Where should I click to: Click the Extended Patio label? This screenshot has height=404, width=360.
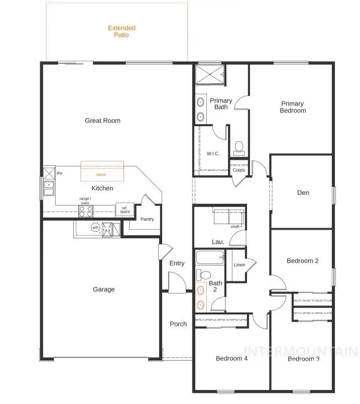[122, 32]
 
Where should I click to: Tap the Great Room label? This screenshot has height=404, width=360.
[102, 121]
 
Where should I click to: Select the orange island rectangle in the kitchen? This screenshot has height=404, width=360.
[102, 172]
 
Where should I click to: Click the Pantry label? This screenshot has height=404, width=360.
[147, 219]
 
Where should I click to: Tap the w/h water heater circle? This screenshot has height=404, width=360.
[95, 228]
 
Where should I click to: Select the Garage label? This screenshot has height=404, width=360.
[103, 289]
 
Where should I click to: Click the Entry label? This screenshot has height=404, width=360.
[177, 263]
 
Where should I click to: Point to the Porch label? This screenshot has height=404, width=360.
[178, 324]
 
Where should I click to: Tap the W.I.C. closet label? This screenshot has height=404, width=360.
[213, 153]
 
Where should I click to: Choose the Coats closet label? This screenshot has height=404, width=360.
[239, 170]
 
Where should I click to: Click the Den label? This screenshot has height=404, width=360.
[303, 193]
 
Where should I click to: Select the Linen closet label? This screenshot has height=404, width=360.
[239, 265]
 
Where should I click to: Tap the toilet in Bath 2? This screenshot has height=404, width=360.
[204, 275]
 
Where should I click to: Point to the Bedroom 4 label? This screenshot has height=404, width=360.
[231, 358]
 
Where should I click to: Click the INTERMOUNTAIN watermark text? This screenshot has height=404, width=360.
[300, 351]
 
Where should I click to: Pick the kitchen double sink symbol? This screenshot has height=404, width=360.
[49, 188]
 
